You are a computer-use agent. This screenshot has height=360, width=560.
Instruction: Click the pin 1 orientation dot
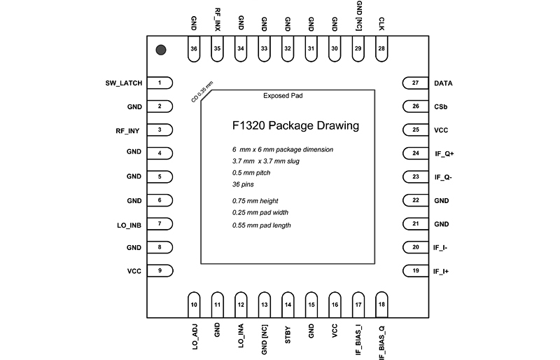coord(161,50)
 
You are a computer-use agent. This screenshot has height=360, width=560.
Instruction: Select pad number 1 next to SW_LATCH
coord(160,83)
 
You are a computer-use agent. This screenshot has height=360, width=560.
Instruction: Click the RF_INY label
coord(129,130)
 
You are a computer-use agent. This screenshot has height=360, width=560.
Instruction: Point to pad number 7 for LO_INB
coord(160,224)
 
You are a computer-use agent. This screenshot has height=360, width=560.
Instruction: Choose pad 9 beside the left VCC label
coord(160,271)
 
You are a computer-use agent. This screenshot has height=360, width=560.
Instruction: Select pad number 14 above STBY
coord(288,305)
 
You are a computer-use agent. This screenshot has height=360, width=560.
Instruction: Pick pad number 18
coord(381,305)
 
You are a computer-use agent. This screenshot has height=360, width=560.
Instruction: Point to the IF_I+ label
coord(440,271)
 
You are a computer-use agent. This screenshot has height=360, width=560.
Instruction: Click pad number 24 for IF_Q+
coord(416,153)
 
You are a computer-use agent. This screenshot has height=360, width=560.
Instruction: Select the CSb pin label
coord(440,106)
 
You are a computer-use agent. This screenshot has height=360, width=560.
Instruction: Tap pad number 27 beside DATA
coord(416,83)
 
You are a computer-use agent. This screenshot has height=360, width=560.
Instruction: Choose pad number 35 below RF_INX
coord(218,48)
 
